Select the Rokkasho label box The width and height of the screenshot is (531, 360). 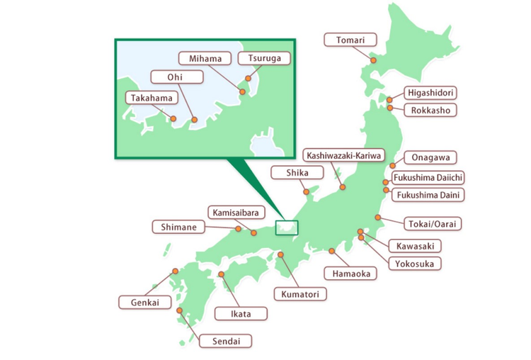[431, 110]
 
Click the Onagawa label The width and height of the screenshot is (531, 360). [435, 157]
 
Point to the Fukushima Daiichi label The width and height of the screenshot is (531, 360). [429, 177]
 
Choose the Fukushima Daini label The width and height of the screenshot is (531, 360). [430, 193]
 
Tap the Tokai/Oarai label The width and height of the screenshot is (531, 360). [434, 224]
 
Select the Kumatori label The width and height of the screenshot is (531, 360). [297, 293]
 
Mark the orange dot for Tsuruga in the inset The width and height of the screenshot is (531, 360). [248, 79]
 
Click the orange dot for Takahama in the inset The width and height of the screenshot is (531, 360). [173, 118]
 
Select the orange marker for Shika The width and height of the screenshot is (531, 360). [306, 190]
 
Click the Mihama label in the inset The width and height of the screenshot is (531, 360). [200, 58]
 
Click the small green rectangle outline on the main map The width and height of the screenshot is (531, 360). [287, 227]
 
